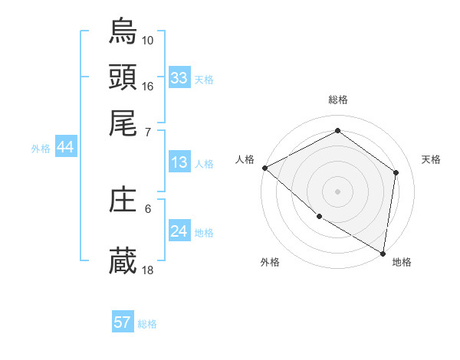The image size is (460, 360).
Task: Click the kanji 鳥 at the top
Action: (123, 32)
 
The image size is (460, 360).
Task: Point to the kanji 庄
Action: (123, 201)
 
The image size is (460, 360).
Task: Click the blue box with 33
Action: (179, 78)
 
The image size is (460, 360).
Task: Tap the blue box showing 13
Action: (179, 162)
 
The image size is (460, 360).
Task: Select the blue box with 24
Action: (179, 231)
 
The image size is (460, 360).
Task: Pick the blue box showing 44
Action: (65, 148)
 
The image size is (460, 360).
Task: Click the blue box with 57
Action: (123, 322)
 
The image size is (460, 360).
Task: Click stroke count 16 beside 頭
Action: (148, 85)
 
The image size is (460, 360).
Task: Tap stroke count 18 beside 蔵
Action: (148, 270)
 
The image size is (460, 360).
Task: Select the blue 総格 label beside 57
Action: (147, 324)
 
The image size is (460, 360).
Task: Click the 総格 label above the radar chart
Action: (337, 100)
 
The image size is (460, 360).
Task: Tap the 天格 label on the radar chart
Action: (431, 159)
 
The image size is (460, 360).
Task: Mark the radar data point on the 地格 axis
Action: (383, 252)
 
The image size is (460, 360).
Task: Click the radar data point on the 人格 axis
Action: (264, 168)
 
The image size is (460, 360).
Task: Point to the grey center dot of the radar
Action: (337, 191)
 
